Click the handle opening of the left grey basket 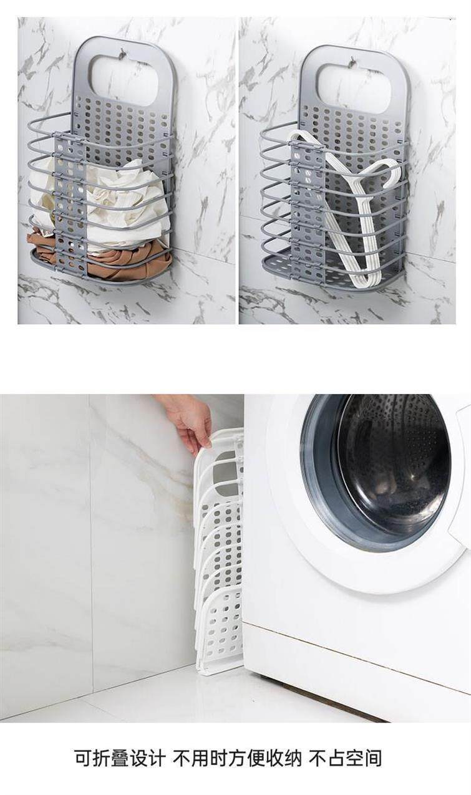click(x=124, y=79)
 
